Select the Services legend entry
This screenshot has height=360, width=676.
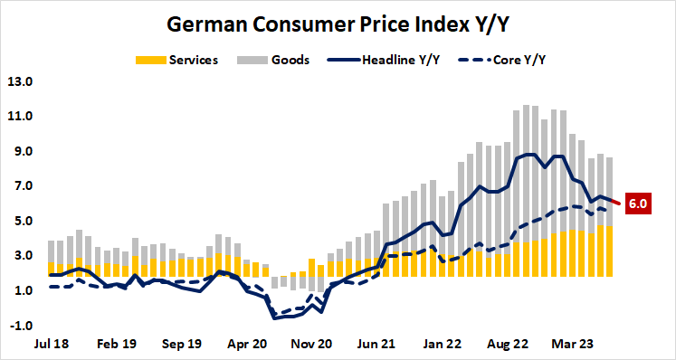pyautogui.click(x=190, y=60)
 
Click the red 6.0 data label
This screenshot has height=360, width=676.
pyautogui.click(x=637, y=204)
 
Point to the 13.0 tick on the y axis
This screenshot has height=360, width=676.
pyautogui.click(x=20, y=81)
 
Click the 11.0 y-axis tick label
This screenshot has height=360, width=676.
pyautogui.click(x=20, y=117)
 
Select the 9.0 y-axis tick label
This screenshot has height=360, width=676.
pyautogui.click(x=21, y=151)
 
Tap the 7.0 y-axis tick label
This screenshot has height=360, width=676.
pyautogui.click(x=21, y=186)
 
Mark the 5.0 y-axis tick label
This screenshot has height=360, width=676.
pyautogui.click(x=21, y=221)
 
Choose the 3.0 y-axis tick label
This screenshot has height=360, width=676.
pyautogui.click(x=21, y=256)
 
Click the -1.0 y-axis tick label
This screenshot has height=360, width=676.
pyautogui.click(x=20, y=326)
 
